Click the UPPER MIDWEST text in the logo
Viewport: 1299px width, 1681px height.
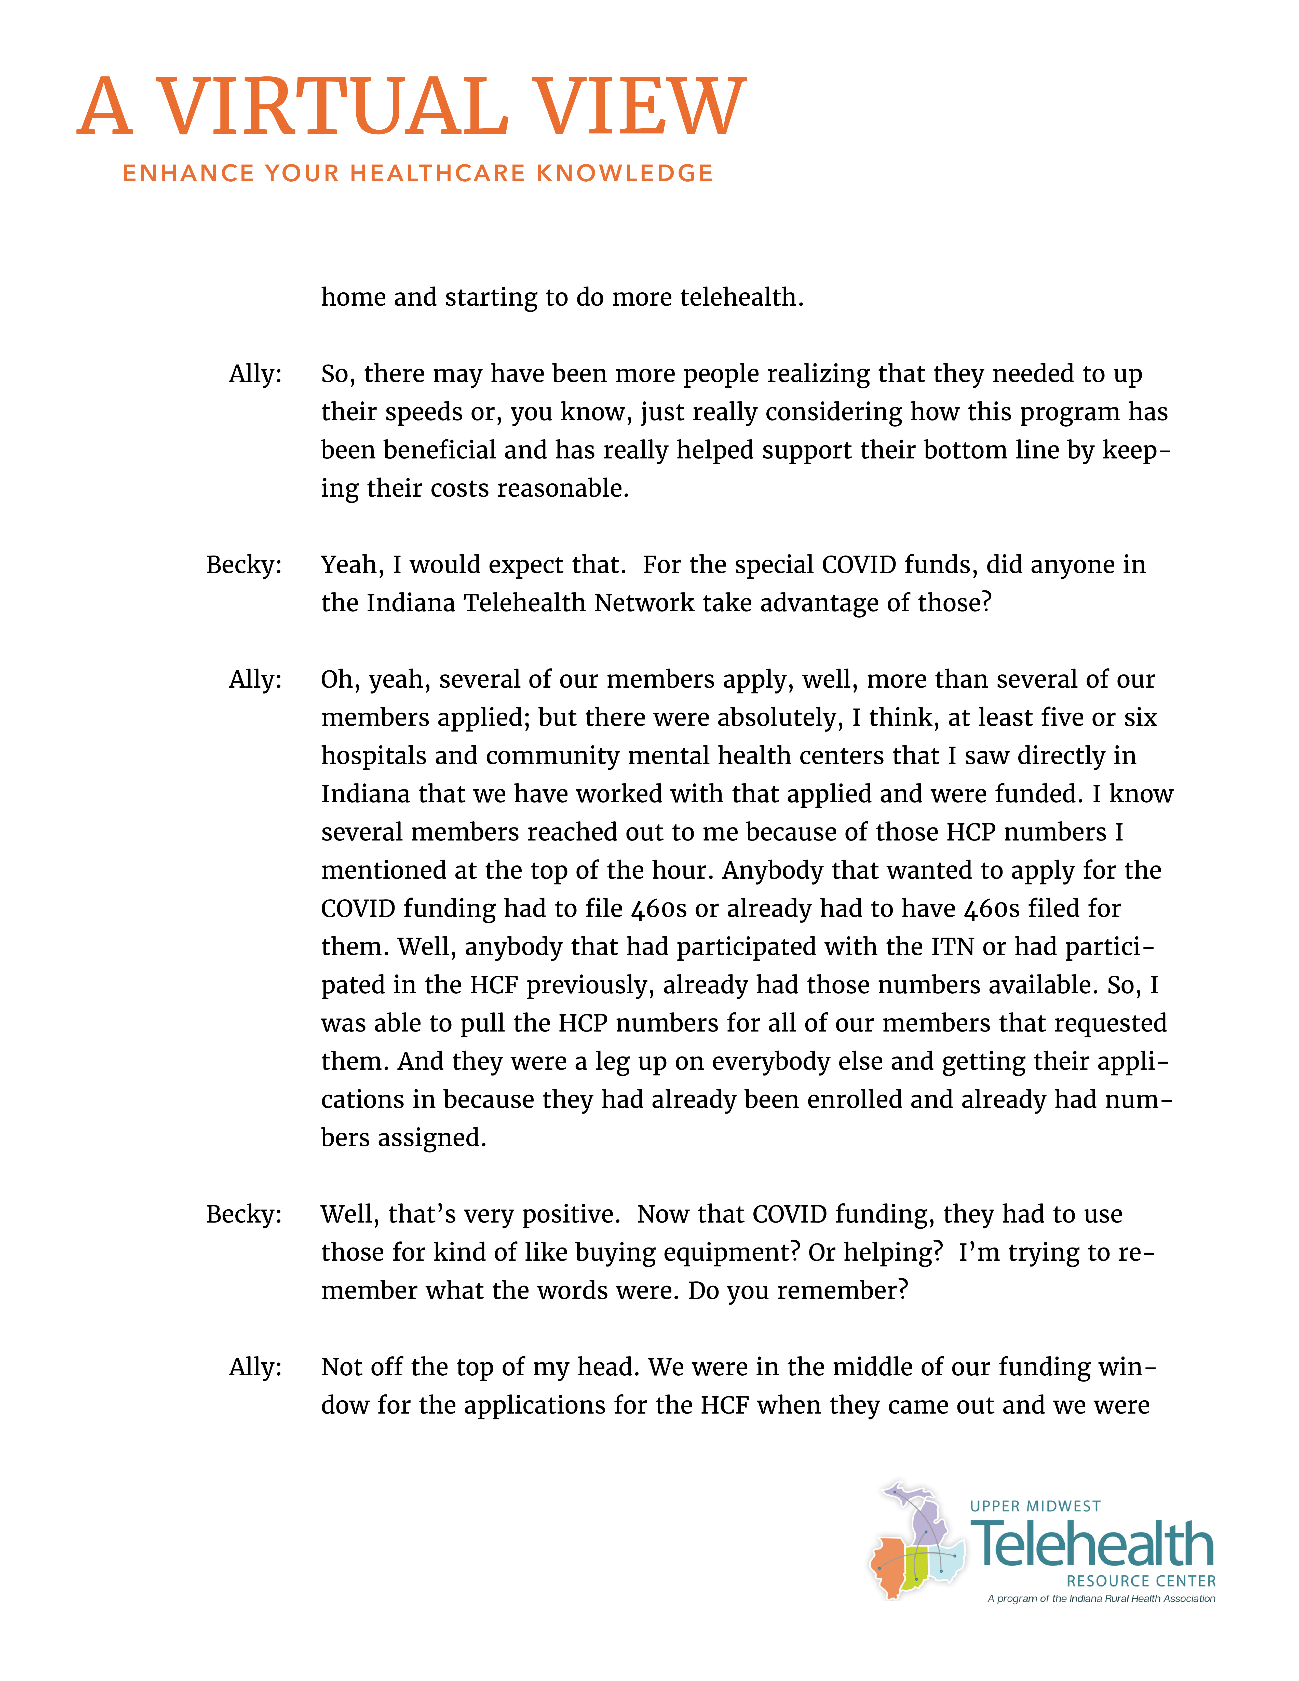pos(1035,1506)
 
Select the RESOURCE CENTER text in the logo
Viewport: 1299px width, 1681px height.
pos(1141,1581)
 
